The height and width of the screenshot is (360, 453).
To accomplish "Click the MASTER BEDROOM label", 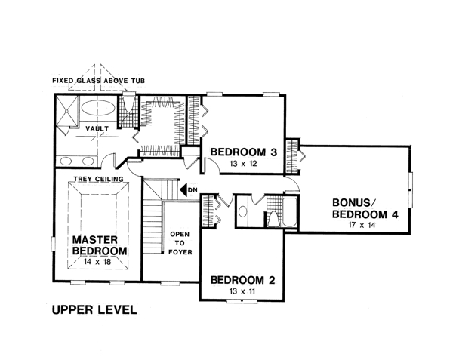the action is (100, 245).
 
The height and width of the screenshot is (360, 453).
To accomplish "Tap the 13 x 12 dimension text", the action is (243, 164).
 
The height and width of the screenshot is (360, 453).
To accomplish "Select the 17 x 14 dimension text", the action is (362, 225).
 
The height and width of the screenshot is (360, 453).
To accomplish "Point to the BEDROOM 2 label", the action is (242, 280).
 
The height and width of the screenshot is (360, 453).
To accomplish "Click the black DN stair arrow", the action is (183, 190).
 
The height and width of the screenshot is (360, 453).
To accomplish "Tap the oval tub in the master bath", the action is (98, 108).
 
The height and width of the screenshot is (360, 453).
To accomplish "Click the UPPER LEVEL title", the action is (94, 309).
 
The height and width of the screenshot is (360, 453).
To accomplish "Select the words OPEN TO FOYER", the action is (180, 243).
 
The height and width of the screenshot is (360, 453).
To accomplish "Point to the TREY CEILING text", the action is (98, 179).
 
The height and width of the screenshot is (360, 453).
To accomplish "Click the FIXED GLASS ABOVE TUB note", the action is (98, 81).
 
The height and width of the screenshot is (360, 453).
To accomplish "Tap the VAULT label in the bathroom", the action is (97, 128).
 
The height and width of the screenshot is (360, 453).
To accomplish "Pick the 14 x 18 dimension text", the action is (97, 262).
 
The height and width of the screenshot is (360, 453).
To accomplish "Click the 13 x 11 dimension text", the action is (242, 291).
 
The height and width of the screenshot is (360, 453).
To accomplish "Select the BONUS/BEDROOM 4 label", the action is (365, 208).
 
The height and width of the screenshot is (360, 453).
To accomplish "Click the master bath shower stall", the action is (67, 112).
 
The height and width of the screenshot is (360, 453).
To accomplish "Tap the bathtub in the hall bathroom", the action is (290, 212).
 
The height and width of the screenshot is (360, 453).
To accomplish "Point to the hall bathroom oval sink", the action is (242, 211).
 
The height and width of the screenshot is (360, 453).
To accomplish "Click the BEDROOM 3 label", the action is (244, 152).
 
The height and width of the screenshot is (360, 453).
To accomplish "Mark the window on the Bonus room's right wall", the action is (410, 189).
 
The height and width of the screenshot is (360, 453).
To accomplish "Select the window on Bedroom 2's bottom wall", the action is (242, 301).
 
